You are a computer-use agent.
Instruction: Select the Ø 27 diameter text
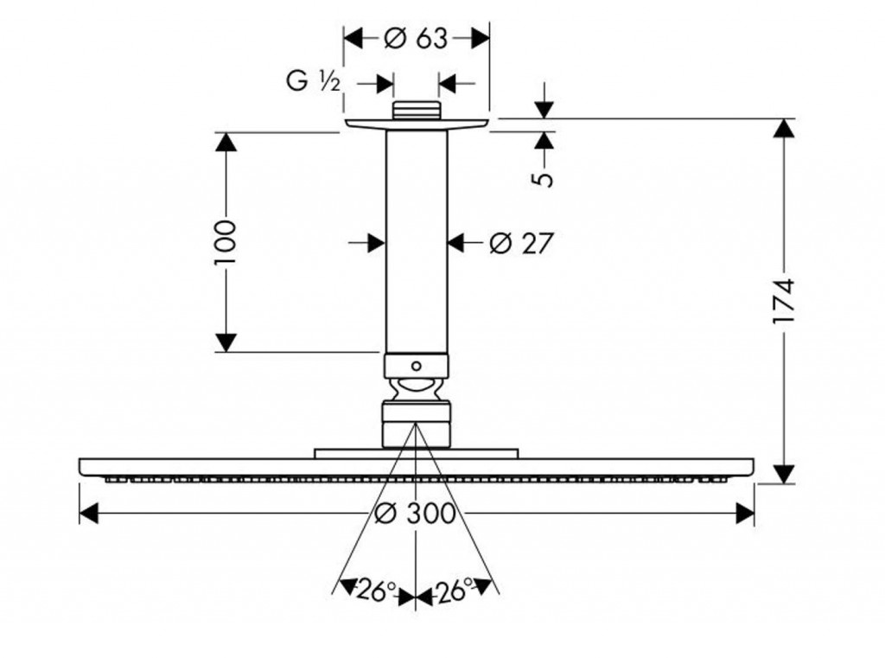click(x=519, y=244)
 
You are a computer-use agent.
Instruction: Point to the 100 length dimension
click(x=226, y=242)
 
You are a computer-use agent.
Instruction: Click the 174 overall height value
click(x=784, y=302)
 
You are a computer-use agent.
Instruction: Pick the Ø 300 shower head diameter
click(x=416, y=514)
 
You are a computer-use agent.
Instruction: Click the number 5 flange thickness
click(x=543, y=179)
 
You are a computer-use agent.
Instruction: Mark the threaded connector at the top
click(x=416, y=111)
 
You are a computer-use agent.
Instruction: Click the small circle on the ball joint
click(x=417, y=365)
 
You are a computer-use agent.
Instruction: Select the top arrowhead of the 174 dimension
click(x=784, y=129)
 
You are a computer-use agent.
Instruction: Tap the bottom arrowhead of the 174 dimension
click(x=784, y=473)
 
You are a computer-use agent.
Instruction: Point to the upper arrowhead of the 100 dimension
click(x=226, y=143)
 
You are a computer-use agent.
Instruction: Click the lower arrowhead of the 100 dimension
click(x=226, y=342)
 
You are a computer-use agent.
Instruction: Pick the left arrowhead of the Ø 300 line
click(x=89, y=514)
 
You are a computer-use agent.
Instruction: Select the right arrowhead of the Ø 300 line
click(x=744, y=514)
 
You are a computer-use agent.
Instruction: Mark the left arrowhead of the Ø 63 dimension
click(x=353, y=39)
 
